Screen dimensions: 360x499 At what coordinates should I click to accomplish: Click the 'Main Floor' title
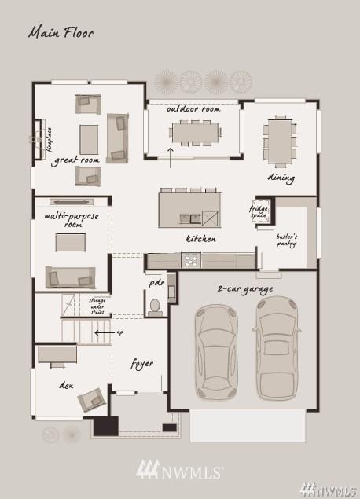(x=61, y=33)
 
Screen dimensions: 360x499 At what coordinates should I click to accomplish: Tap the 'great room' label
(x=75, y=160)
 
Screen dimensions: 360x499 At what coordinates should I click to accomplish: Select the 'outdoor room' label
(x=193, y=109)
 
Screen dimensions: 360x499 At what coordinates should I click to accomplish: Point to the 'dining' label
(x=281, y=178)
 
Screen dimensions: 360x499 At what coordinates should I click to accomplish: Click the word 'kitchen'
(x=201, y=238)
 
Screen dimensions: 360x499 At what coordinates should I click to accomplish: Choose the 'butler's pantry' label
(x=287, y=240)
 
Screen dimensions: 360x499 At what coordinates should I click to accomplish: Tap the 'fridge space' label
(x=259, y=212)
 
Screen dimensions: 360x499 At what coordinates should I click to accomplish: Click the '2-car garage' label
(x=245, y=289)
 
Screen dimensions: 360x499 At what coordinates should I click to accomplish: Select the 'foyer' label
(x=142, y=364)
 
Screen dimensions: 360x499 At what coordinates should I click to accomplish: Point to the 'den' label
(x=66, y=386)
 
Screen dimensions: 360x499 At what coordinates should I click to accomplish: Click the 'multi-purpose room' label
(x=72, y=220)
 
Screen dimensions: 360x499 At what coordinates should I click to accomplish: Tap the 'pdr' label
(x=156, y=284)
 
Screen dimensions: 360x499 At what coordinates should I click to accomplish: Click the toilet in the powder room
(x=155, y=307)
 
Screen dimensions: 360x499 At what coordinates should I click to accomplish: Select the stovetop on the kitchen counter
(x=191, y=260)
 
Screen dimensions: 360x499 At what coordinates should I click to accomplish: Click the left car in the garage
(x=216, y=352)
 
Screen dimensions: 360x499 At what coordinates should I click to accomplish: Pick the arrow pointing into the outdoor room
(x=171, y=157)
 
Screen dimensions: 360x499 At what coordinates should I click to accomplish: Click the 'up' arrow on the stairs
(x=105, y=333)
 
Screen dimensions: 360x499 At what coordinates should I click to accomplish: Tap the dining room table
(x=280, y=141)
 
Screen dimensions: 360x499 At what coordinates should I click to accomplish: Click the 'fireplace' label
(x=50, y=140)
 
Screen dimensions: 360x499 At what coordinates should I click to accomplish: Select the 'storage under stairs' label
(x=97, y=306)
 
